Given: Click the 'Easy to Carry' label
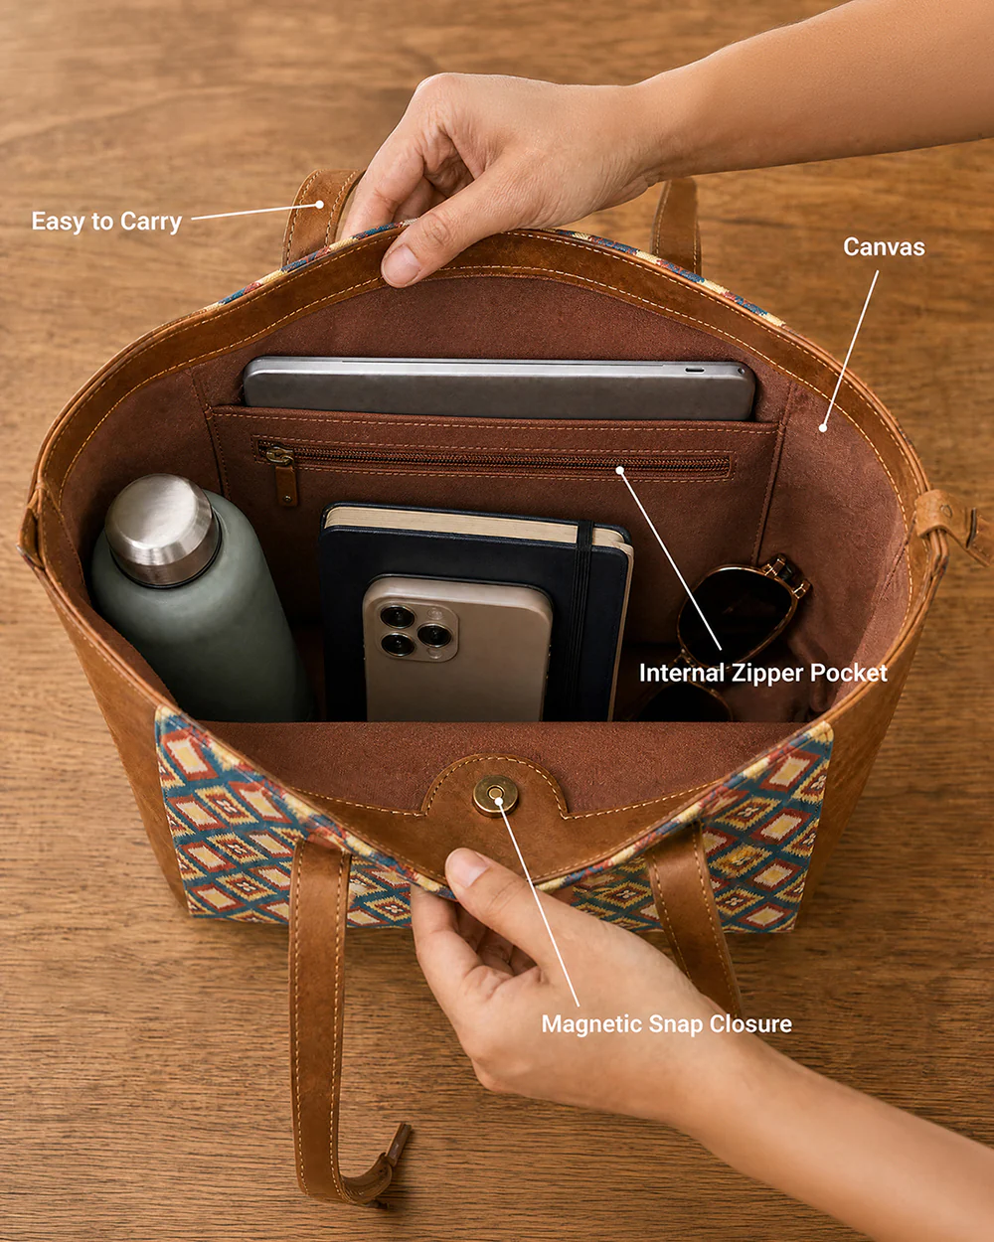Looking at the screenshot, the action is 106,222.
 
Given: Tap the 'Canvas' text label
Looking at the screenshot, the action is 884,247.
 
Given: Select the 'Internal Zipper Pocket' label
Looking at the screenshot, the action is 763,673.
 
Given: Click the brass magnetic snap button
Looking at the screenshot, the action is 495,796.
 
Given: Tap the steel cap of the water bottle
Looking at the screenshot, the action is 162,530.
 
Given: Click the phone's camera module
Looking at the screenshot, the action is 417,631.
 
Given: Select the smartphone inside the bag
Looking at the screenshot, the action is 457,649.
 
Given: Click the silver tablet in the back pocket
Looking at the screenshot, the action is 499,388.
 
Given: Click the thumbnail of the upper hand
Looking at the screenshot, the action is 401,264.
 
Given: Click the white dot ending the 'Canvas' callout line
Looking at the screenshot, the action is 823,427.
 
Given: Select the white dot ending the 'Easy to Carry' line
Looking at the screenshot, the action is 319,205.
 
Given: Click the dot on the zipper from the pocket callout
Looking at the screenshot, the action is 619,470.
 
